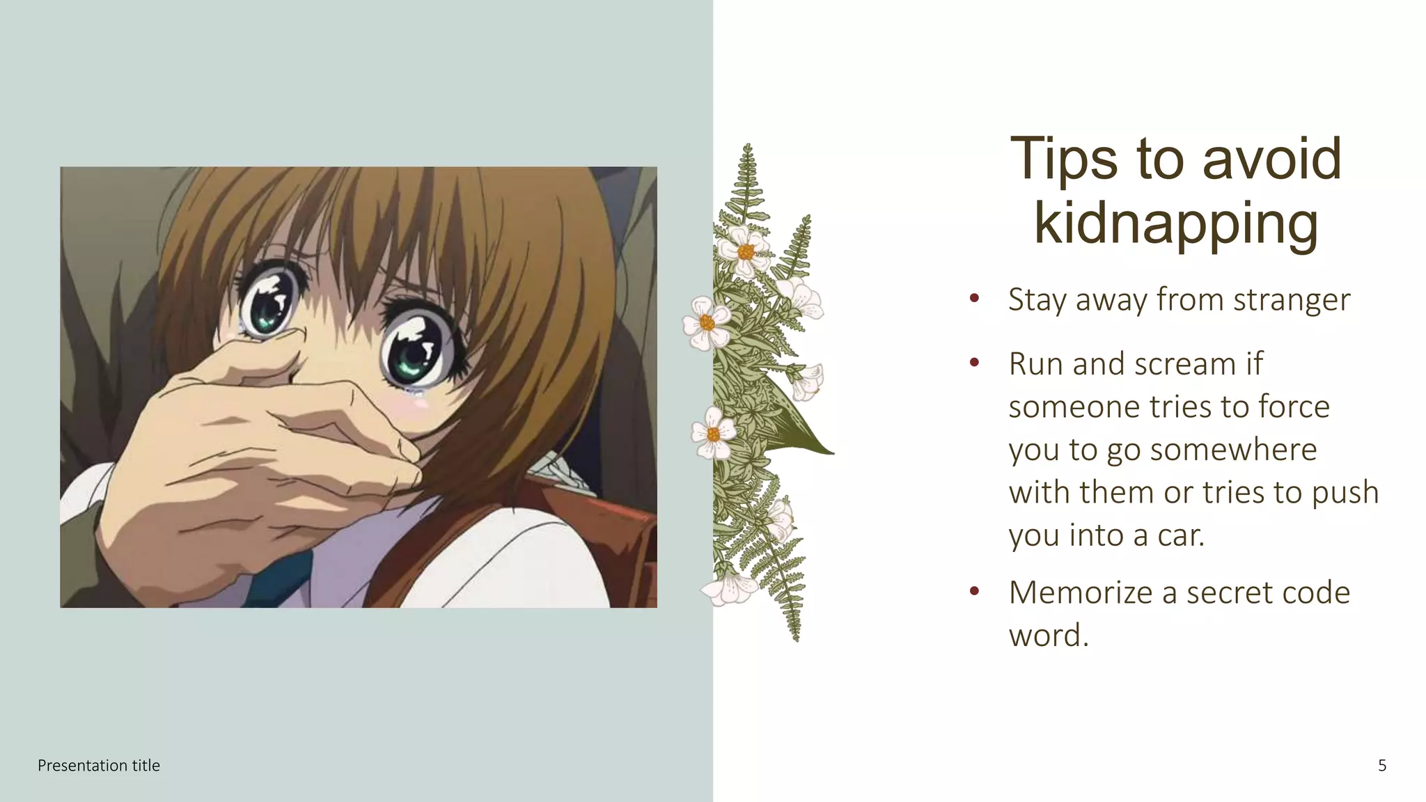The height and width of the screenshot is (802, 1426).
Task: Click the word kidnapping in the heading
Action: click(x=1175, y=224)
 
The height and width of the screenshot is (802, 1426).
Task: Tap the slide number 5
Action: click(x=1382, y=766)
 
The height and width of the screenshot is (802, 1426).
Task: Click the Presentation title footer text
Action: click(x=99, y=766)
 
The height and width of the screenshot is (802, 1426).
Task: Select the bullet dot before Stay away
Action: click(x=975, y=299)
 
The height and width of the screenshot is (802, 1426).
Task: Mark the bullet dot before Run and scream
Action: click(x=975, y=363)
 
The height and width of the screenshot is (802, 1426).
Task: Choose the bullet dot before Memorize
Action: click(x=975, y=592)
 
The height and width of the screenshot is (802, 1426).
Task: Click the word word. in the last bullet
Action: click(x=1049, y=636)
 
